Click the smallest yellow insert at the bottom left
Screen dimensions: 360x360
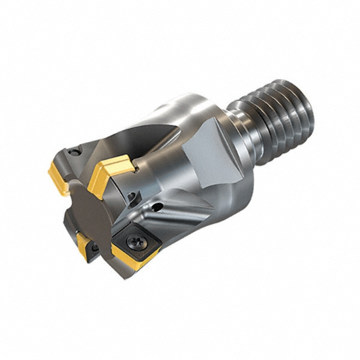85,243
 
